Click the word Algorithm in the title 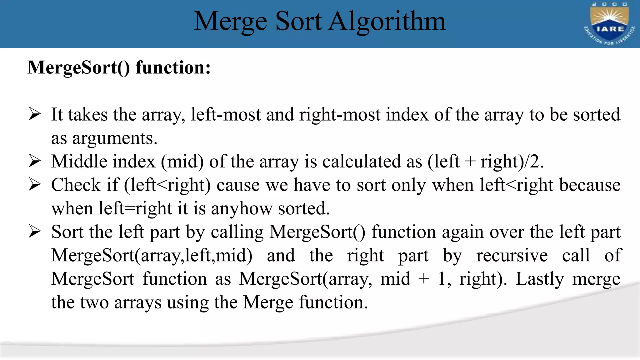tap(387, 21)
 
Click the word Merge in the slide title tap(230, 21)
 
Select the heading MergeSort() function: tap(119, 67)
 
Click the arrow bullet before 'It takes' tap(34, 114)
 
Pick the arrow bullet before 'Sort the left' tap(34, 232)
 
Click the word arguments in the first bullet tap(114, 138)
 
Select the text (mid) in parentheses tap(182, 162)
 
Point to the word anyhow tap(242, 208)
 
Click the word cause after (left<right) tap(238, 185)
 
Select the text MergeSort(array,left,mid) tap(152, 256)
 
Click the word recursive tap(512, 256)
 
